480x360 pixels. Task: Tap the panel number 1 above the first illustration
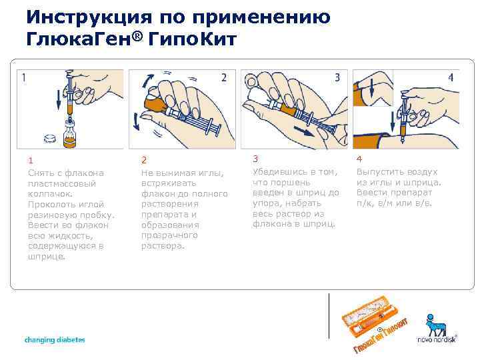(x=25, y=77)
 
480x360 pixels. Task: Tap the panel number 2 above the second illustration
(x=224, y=77)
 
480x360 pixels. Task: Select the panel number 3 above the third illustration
(x=338, y=77)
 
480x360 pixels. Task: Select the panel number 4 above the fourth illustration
(x=451, y=77)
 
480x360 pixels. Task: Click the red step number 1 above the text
(x=31, y=160)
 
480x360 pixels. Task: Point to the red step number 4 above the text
(x=360, y=159)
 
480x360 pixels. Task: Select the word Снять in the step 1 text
(x=41, y=173)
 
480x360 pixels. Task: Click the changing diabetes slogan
(x=55, y=340)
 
